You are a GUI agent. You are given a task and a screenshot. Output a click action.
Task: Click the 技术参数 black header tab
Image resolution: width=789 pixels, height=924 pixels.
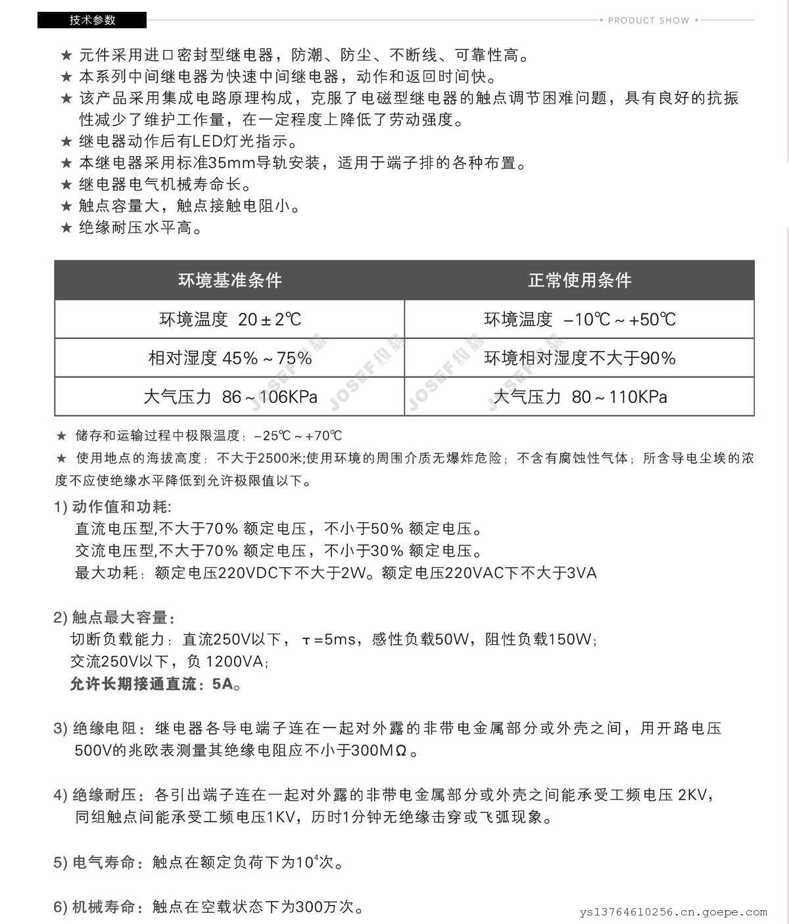point(92,20)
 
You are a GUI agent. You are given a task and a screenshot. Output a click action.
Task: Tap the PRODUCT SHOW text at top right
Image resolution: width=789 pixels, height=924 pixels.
point(648,20)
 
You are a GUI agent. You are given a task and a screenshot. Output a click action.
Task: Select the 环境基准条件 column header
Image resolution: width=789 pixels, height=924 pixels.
point(229,281)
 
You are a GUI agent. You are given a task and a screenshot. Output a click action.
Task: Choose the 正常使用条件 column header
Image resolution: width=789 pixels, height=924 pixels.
point(579,281)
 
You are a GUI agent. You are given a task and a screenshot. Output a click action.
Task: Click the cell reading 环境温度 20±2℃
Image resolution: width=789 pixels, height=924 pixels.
point(229,320)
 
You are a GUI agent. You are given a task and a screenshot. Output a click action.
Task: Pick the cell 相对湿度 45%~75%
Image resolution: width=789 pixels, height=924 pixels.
point(229,358)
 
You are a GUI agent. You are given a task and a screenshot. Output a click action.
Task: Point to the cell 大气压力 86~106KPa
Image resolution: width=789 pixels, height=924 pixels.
point(229,397)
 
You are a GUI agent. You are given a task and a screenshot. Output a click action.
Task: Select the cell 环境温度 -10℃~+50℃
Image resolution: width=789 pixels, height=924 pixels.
point(579,320)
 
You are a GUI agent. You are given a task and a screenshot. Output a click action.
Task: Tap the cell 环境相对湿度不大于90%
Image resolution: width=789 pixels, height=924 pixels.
point(579,358)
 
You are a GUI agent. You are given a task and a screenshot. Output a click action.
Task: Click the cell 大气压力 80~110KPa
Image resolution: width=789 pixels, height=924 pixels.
point(579,397)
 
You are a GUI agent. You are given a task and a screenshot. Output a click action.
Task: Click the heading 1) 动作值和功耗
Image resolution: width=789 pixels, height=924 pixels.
point(112,507)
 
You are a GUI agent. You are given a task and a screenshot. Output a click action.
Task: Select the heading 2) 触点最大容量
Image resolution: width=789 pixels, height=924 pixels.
point(114,618)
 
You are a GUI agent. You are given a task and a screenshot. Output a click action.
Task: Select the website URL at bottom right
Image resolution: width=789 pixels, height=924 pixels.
point(674,912)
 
